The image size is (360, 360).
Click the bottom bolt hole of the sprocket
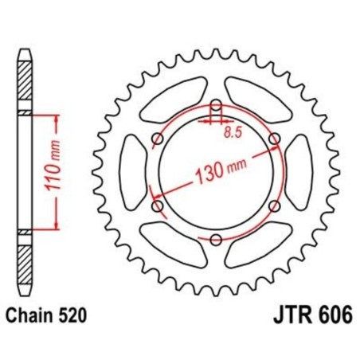coord(216,239)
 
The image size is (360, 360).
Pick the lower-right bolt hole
coord(275,206)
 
